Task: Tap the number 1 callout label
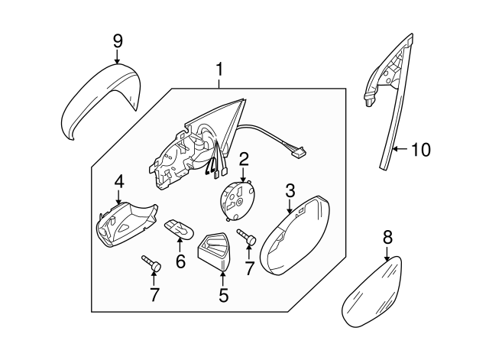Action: pos(219,71)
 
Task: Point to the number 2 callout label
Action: pos(244,159)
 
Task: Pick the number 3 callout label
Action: pos(290,189)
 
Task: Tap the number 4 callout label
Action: pos(118,182)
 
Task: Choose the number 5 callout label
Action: pos(223,294)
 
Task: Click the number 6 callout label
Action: pos(180,261)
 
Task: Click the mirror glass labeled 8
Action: pos(372,295)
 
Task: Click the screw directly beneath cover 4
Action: pos(151,264)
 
